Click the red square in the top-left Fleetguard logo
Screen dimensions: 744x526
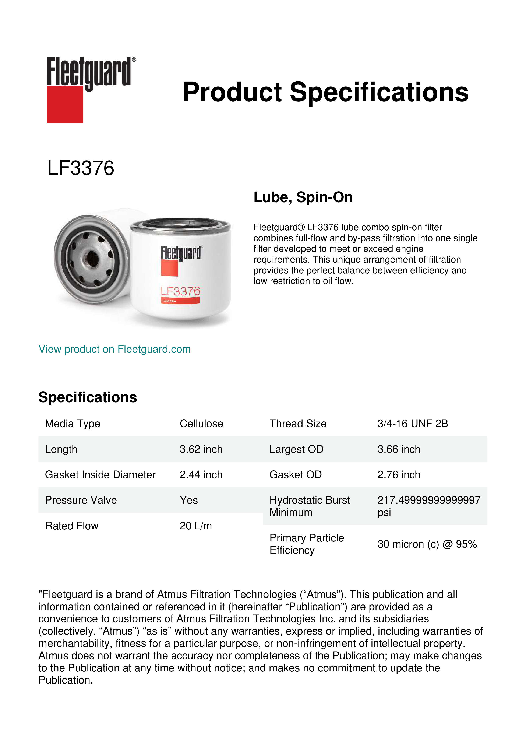click(x=65, y=104)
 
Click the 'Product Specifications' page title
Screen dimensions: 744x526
click(x=325, y=92)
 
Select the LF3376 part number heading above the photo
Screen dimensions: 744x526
click(x=81, y=168)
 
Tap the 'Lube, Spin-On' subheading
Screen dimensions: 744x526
click(x=303, y=197)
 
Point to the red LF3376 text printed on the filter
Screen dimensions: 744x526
click(x=180, y=291)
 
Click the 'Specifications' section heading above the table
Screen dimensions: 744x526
click(x=87, y=397)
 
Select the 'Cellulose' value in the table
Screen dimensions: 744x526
click(x=201, y=424)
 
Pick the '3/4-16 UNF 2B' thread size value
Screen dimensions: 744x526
click(x=412, y=424)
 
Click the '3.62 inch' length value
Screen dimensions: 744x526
click(x=201, y=449)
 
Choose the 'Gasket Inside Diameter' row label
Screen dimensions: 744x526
click(x=100, y=475)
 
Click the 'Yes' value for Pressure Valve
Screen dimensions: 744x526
click(x=188, y=500)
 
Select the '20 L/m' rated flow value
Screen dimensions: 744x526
click(x=196, y=526)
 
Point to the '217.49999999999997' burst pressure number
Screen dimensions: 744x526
click(x=428, y=500)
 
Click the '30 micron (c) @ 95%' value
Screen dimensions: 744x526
click(x=427, y=544)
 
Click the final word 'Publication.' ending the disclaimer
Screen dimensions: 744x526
click(x=66, y=680)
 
